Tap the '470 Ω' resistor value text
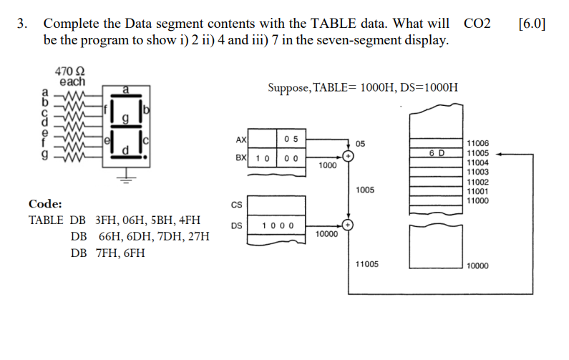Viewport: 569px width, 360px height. coord(69,71)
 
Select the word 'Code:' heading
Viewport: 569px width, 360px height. coord(45,204)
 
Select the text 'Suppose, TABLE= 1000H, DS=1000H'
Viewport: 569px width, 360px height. coord(363,87)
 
